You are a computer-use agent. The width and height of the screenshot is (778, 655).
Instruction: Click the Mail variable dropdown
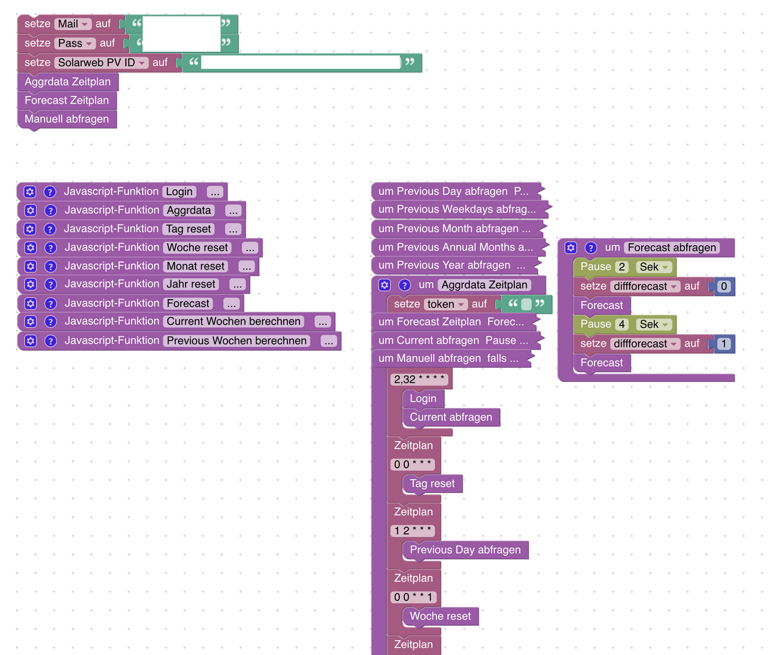tap(73, 24)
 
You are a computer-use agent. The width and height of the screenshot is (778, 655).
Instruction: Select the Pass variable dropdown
tap(75, 43)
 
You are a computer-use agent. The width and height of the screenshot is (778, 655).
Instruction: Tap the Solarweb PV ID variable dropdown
tap(102, 63)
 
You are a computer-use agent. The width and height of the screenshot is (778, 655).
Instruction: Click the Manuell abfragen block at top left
tap(67, 119)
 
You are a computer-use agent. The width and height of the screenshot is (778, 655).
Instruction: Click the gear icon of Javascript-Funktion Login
tap(29, 192)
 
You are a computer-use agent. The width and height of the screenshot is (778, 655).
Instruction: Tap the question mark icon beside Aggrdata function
tap(50, 211)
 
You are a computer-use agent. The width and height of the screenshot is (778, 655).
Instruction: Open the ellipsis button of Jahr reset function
tap(237, 285)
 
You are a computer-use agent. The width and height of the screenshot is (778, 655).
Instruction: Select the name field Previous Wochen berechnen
tap(237, 341)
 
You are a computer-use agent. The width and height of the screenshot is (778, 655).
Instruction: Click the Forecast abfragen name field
tap(672, 248)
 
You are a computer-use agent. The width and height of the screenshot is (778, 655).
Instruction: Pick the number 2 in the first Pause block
tap(622, 267)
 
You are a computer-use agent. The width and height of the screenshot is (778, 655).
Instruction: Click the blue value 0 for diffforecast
tap(724, 287)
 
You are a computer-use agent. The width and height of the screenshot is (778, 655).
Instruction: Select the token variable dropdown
tap(446, 304)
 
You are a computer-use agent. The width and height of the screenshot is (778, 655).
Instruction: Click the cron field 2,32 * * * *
tap(419, 379)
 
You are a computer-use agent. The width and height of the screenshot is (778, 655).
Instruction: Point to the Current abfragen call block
tap(451, 417)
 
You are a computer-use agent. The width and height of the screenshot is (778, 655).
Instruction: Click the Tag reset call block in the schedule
tap(432, 484)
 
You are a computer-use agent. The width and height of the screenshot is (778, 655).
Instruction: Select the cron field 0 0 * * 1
tap(414, 597)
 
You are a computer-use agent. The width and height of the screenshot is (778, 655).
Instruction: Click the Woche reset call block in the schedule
tap(440, 616)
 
